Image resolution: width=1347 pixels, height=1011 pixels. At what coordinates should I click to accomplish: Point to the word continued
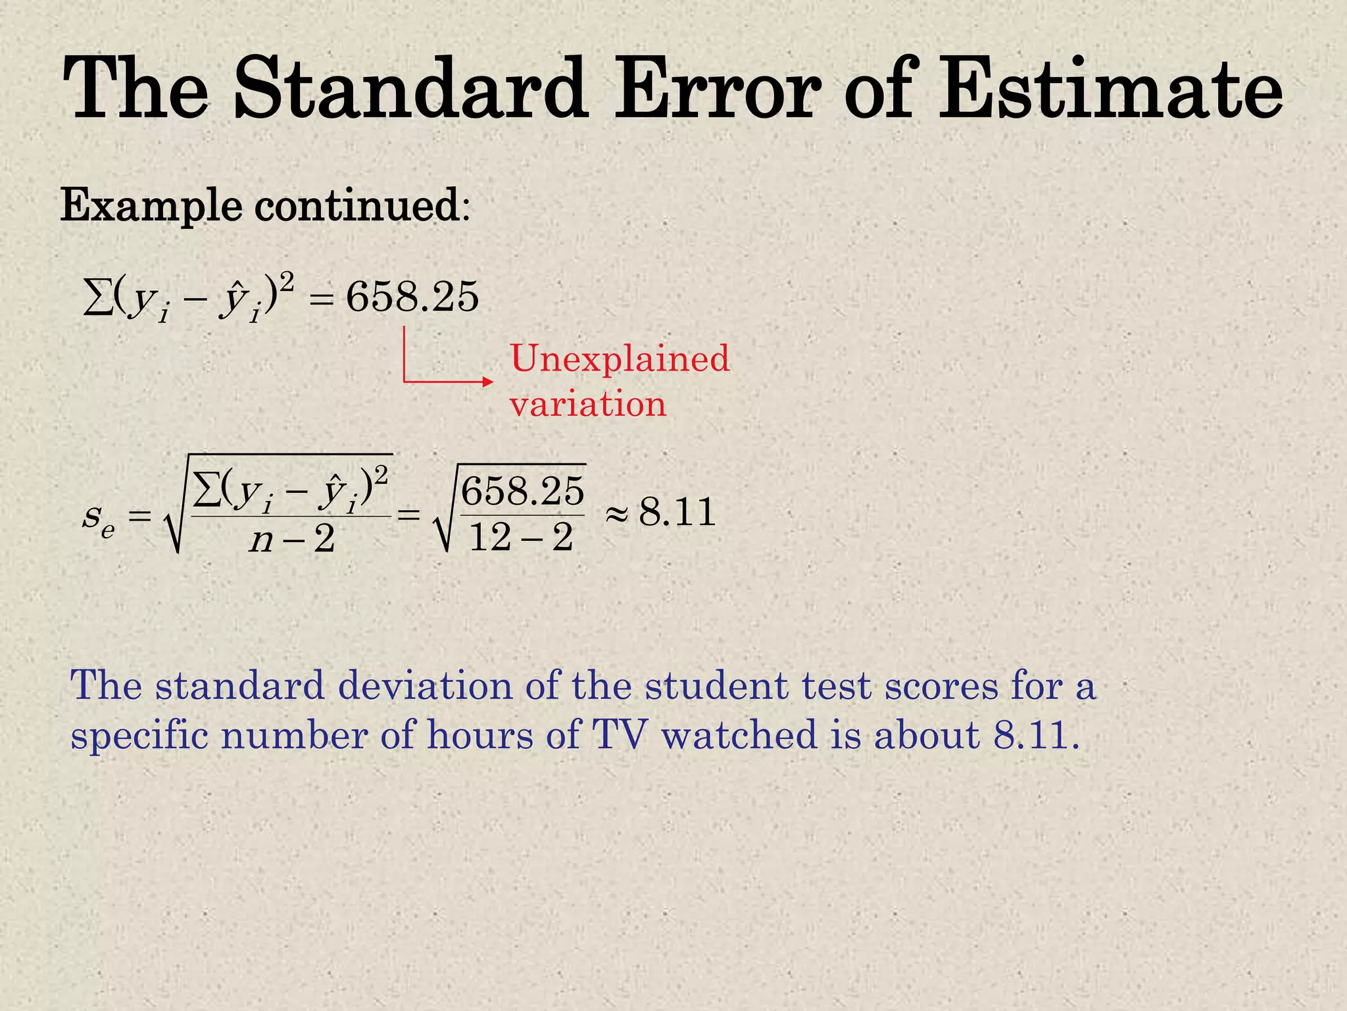[358, 205]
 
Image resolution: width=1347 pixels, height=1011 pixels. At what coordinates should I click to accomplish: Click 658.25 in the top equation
[412, 297]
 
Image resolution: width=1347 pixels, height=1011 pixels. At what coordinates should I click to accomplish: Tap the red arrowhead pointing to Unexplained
[487, 381]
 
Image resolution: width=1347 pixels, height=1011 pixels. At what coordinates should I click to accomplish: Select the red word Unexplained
[620, 359]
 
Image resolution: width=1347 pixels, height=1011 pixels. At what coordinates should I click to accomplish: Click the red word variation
[588, 403]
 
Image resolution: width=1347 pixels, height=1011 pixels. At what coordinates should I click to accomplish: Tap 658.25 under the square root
[522, 491]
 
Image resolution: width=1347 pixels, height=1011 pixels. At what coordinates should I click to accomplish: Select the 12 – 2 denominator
[521, 538]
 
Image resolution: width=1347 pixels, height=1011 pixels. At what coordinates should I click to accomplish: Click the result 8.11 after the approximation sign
[677, 513]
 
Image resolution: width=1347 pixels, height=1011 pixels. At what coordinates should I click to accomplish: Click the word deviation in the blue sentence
[425, 686]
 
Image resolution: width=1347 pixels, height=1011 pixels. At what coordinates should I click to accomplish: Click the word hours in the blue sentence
[480, 735]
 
